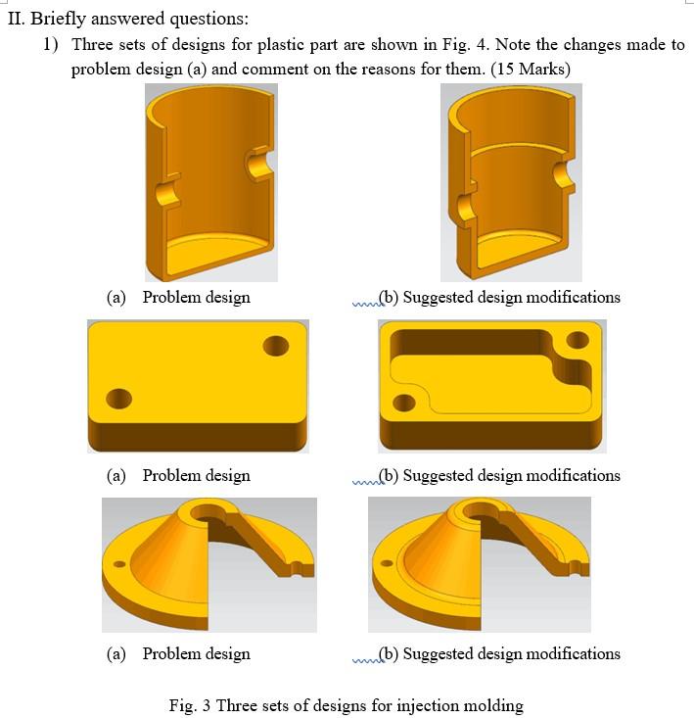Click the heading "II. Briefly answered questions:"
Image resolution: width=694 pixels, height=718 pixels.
pos(127,19)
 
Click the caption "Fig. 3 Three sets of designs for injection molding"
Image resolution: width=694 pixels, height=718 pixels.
pos(346,705)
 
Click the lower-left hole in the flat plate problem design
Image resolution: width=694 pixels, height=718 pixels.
pos(118,399)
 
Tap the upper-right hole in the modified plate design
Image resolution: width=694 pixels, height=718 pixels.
pos(576,343)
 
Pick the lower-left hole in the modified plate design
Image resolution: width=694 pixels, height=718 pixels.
pos(403,403)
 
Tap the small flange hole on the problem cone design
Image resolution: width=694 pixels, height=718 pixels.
pos(119,565)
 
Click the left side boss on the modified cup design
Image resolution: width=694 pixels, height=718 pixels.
pos(465,206)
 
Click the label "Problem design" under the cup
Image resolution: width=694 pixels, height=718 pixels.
pos(196,297)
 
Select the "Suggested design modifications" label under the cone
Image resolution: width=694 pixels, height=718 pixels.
pos(511,653)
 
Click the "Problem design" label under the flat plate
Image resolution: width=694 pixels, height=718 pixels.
pos(196,475)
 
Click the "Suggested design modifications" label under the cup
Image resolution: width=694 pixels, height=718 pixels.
pos(511,297)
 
